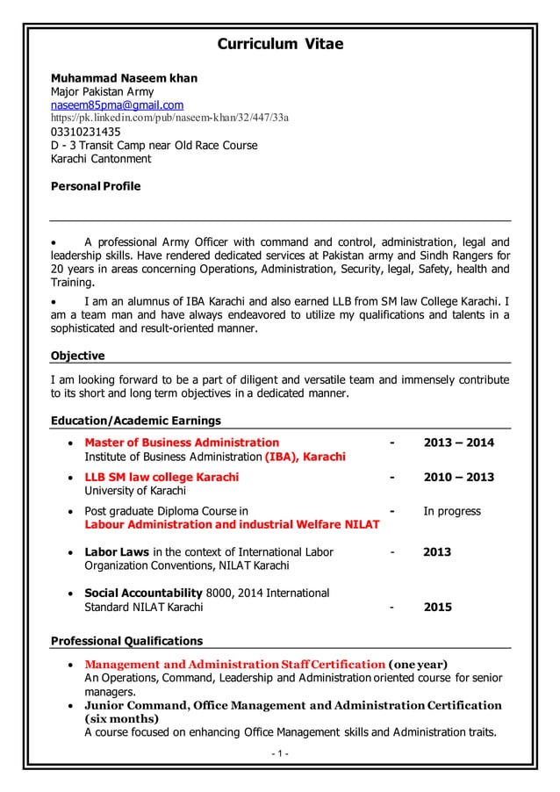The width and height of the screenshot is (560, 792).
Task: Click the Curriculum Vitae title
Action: coord(280,44)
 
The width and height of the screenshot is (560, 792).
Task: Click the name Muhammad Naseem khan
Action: coord(123,78)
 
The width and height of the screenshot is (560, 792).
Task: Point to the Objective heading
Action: coord(79,356)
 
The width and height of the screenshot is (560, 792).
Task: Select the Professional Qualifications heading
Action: coord(128,640)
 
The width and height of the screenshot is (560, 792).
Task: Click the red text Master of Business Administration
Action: coord(182,442)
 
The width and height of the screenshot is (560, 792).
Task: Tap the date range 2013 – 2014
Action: coord(458,442)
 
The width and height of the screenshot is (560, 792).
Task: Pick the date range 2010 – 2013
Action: coord(458,477)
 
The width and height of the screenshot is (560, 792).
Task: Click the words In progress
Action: coord(452,511)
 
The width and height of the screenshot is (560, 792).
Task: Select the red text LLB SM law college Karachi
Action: coord(161,477)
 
